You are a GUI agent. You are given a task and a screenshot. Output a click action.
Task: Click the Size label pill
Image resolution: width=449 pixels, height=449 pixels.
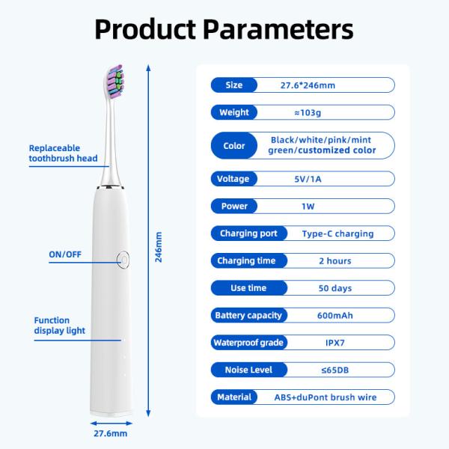pyautogui.click(x=233, y=85)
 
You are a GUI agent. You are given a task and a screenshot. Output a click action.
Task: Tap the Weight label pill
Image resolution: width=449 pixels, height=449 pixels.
pyautogui.click(x=233, y=113)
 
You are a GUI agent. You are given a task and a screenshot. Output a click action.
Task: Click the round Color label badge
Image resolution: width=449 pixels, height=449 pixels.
pyautogui.click(x=234, y=145)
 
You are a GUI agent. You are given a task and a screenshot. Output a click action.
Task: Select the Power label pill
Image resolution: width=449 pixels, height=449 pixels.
pyautogui.click(x=233, y=206)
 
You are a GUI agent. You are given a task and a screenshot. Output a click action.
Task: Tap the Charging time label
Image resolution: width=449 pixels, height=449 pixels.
pyautogui.click(x=241, y=260)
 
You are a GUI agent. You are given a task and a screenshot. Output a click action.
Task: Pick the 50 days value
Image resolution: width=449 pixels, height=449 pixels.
pyautogui.click(x=335, y=288)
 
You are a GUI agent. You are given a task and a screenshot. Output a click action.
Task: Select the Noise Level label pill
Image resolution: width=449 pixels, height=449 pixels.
pyautogui.click(x=243, y=370)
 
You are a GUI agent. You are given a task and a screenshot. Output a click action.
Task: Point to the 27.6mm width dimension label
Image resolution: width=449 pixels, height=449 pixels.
pyautogui.click(x=109, y=433)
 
